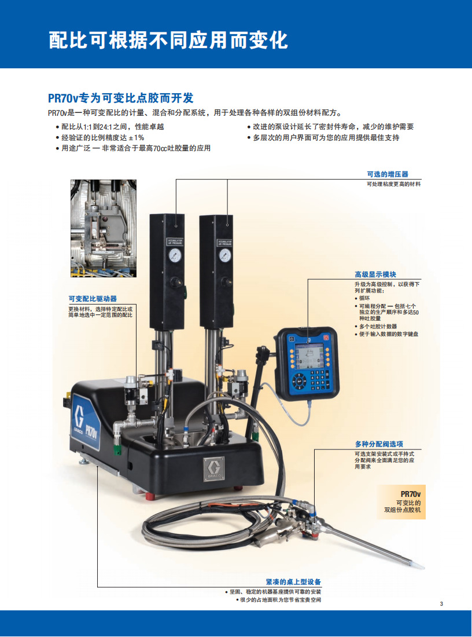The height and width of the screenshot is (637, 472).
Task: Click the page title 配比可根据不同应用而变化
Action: click(x=168, y=40)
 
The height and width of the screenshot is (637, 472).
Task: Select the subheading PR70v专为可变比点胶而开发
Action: click(x=120, y=98)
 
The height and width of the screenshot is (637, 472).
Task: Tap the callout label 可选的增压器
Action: click(x=388, y=174)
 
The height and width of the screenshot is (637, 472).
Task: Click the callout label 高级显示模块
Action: click(x=375, y=274)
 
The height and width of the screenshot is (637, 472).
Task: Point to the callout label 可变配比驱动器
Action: click(x=93, y=299)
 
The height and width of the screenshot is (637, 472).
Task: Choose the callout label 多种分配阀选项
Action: click(x=379, y=444)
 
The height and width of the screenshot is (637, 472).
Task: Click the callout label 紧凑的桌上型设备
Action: click(x=293, y=582)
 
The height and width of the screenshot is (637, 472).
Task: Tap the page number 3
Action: click(x=441, y=603)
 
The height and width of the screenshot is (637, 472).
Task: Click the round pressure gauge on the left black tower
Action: click(x=175, y=255)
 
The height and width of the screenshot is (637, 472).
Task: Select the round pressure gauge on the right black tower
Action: click(x=225, y=255)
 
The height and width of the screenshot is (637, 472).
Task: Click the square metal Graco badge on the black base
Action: click(x=213, y=469)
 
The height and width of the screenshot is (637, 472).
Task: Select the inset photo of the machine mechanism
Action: click(x=104, y=228)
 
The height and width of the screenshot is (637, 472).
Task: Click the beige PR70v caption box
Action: click(x=401, y=501)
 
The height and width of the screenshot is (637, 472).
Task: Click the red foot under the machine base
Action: click(x=151, y=496)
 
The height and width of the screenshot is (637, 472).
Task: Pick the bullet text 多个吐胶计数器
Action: click(x=378, y=326)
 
